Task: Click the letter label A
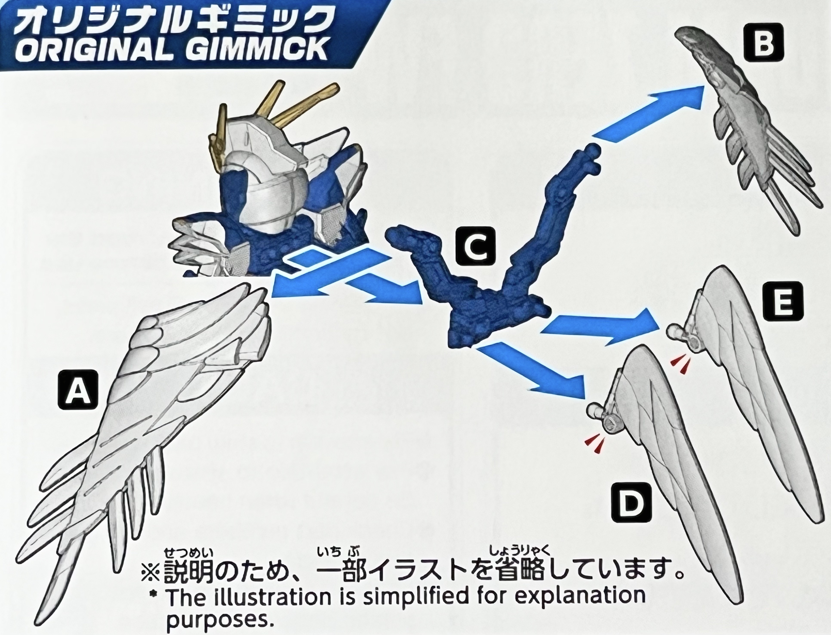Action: (78, 389)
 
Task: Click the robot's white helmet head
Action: (265, 178)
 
